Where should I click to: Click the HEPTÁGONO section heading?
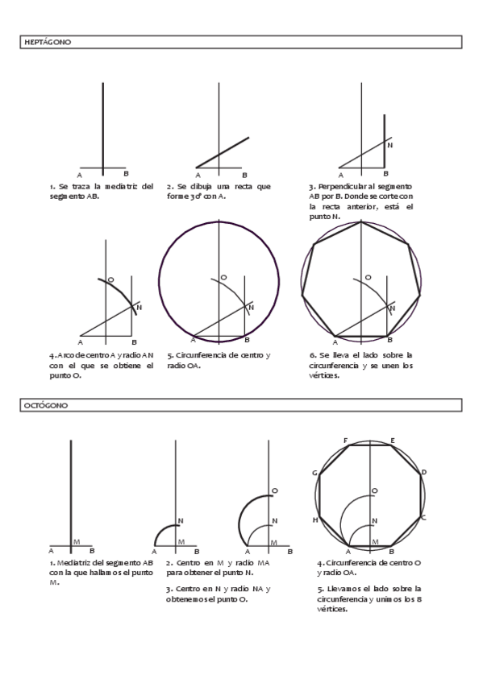(x=48, y=42)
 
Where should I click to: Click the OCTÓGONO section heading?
(x=46, y=406)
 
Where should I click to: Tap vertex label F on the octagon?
(x=346, y=441)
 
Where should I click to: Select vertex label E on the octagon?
(x=393, y=441)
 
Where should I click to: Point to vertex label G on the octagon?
(x=314, y=473)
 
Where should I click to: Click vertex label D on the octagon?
(x=423, y=472)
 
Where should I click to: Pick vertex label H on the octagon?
(x=315, y=519)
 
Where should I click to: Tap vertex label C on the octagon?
(x=423, y=517)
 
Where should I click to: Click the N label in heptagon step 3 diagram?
(x=389, y=145)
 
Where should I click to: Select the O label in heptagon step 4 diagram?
(x=110, y=279)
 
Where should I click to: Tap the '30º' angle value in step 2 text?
(x=195, y=197)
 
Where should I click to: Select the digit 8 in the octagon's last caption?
(x=419, y=599)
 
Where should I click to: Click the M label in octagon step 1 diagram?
(x=77, y=542)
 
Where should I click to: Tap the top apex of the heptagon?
(x=361, y=222)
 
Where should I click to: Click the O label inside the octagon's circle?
(x=374, y=491)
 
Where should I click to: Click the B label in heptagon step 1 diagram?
(x=126, y=174)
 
